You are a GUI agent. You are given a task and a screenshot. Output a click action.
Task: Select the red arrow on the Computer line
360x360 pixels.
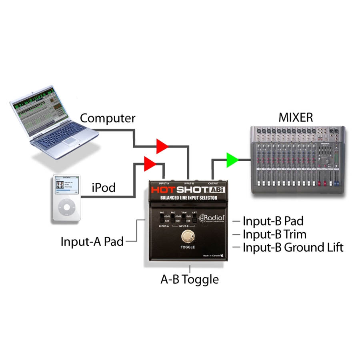click(x=162, y=146)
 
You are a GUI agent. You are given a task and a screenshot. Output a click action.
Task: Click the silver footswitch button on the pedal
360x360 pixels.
click(x=188, y=236)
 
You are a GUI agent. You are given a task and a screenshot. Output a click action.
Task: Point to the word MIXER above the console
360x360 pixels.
click(x=296, y=118)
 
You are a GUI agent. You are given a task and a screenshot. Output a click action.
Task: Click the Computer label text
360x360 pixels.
click(x=108, y=118)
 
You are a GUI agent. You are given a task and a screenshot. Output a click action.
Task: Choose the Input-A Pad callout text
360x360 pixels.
click(x=92, y=242)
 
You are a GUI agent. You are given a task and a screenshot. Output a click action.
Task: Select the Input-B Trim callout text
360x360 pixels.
click(x=274, y=234)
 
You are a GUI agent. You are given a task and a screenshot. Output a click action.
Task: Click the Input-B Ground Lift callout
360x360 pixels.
click(x=293, y=247)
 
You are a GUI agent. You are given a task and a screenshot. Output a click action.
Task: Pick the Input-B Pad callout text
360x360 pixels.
click(x=273, y=221)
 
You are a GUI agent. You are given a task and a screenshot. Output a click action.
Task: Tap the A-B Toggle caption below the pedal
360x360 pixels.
click(x=190, y=279)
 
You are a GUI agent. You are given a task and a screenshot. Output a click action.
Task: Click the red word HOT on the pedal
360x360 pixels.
click(x=164, y=190)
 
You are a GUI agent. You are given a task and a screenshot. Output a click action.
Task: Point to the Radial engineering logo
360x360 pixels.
click(x=212, y=218)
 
